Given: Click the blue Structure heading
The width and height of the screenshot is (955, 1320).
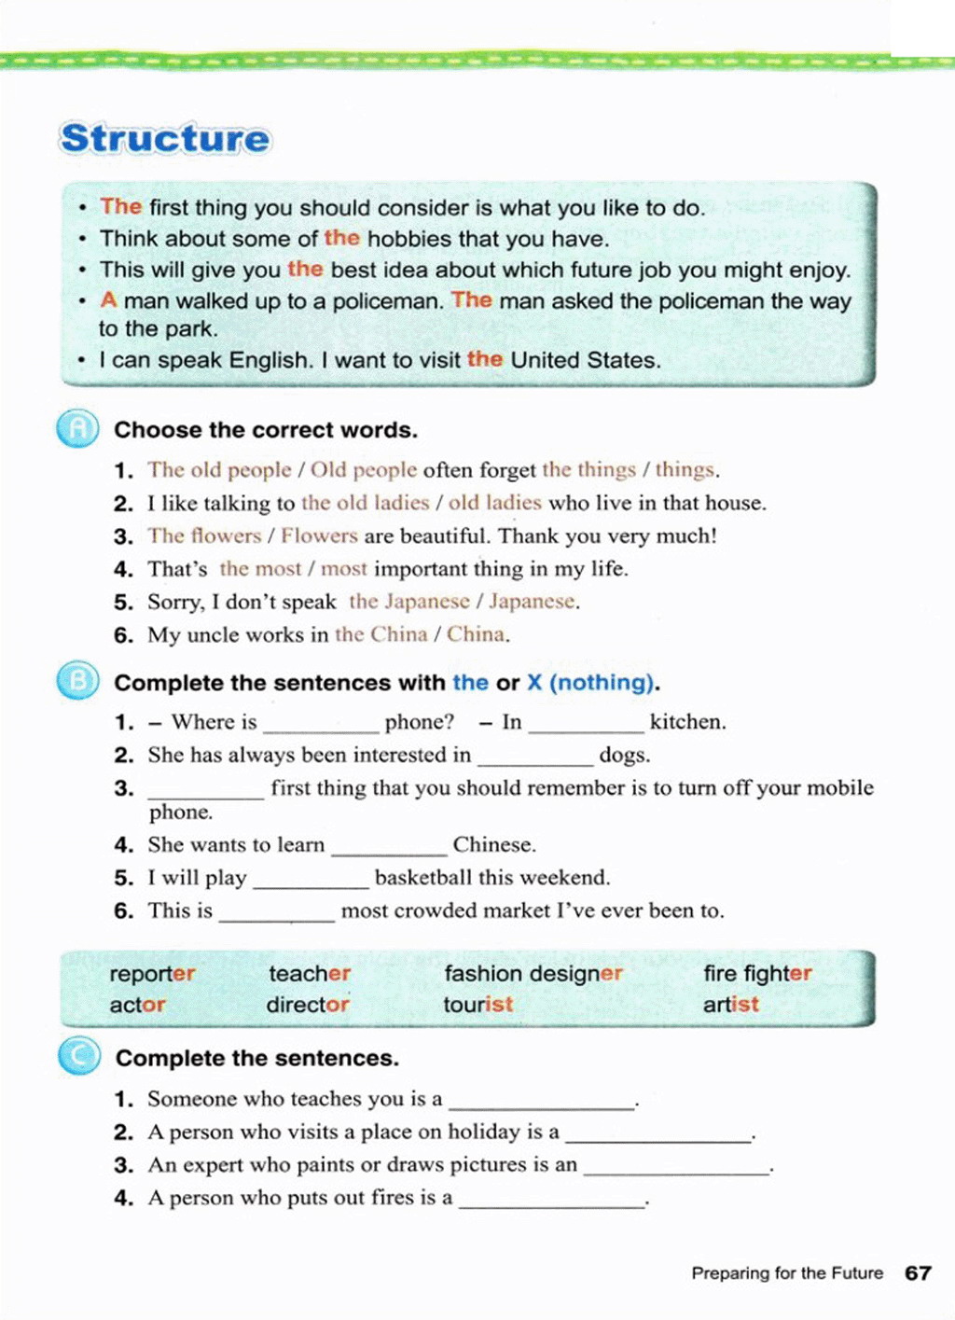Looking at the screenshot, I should (165, 139).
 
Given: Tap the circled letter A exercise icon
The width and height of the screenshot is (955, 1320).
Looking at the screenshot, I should (78, 429).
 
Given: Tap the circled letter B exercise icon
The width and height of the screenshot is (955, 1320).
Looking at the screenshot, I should (78, 681).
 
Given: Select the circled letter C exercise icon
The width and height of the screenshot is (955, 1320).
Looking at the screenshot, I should (79, 1057).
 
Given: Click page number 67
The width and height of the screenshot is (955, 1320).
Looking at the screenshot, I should (918, 1273).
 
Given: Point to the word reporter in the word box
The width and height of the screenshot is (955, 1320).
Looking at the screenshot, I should (152, 974).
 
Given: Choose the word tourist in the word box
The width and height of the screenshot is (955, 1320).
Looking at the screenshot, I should (477, 1005).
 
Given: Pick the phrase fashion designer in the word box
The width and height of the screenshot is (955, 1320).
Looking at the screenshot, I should (533, 974).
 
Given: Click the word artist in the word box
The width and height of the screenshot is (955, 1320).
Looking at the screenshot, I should (730, 1005).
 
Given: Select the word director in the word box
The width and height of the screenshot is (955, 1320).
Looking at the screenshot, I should (308, 1005).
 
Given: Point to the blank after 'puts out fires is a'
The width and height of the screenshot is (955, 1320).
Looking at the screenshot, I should (552, 1201).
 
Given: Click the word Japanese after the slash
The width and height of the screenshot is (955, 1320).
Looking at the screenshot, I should (532, 602).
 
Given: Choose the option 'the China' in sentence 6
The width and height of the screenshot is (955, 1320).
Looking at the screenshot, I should (381, 634).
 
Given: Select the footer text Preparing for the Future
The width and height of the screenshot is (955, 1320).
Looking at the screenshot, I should (787, 1273).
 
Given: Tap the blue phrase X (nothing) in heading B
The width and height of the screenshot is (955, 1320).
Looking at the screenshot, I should (590, 683).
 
